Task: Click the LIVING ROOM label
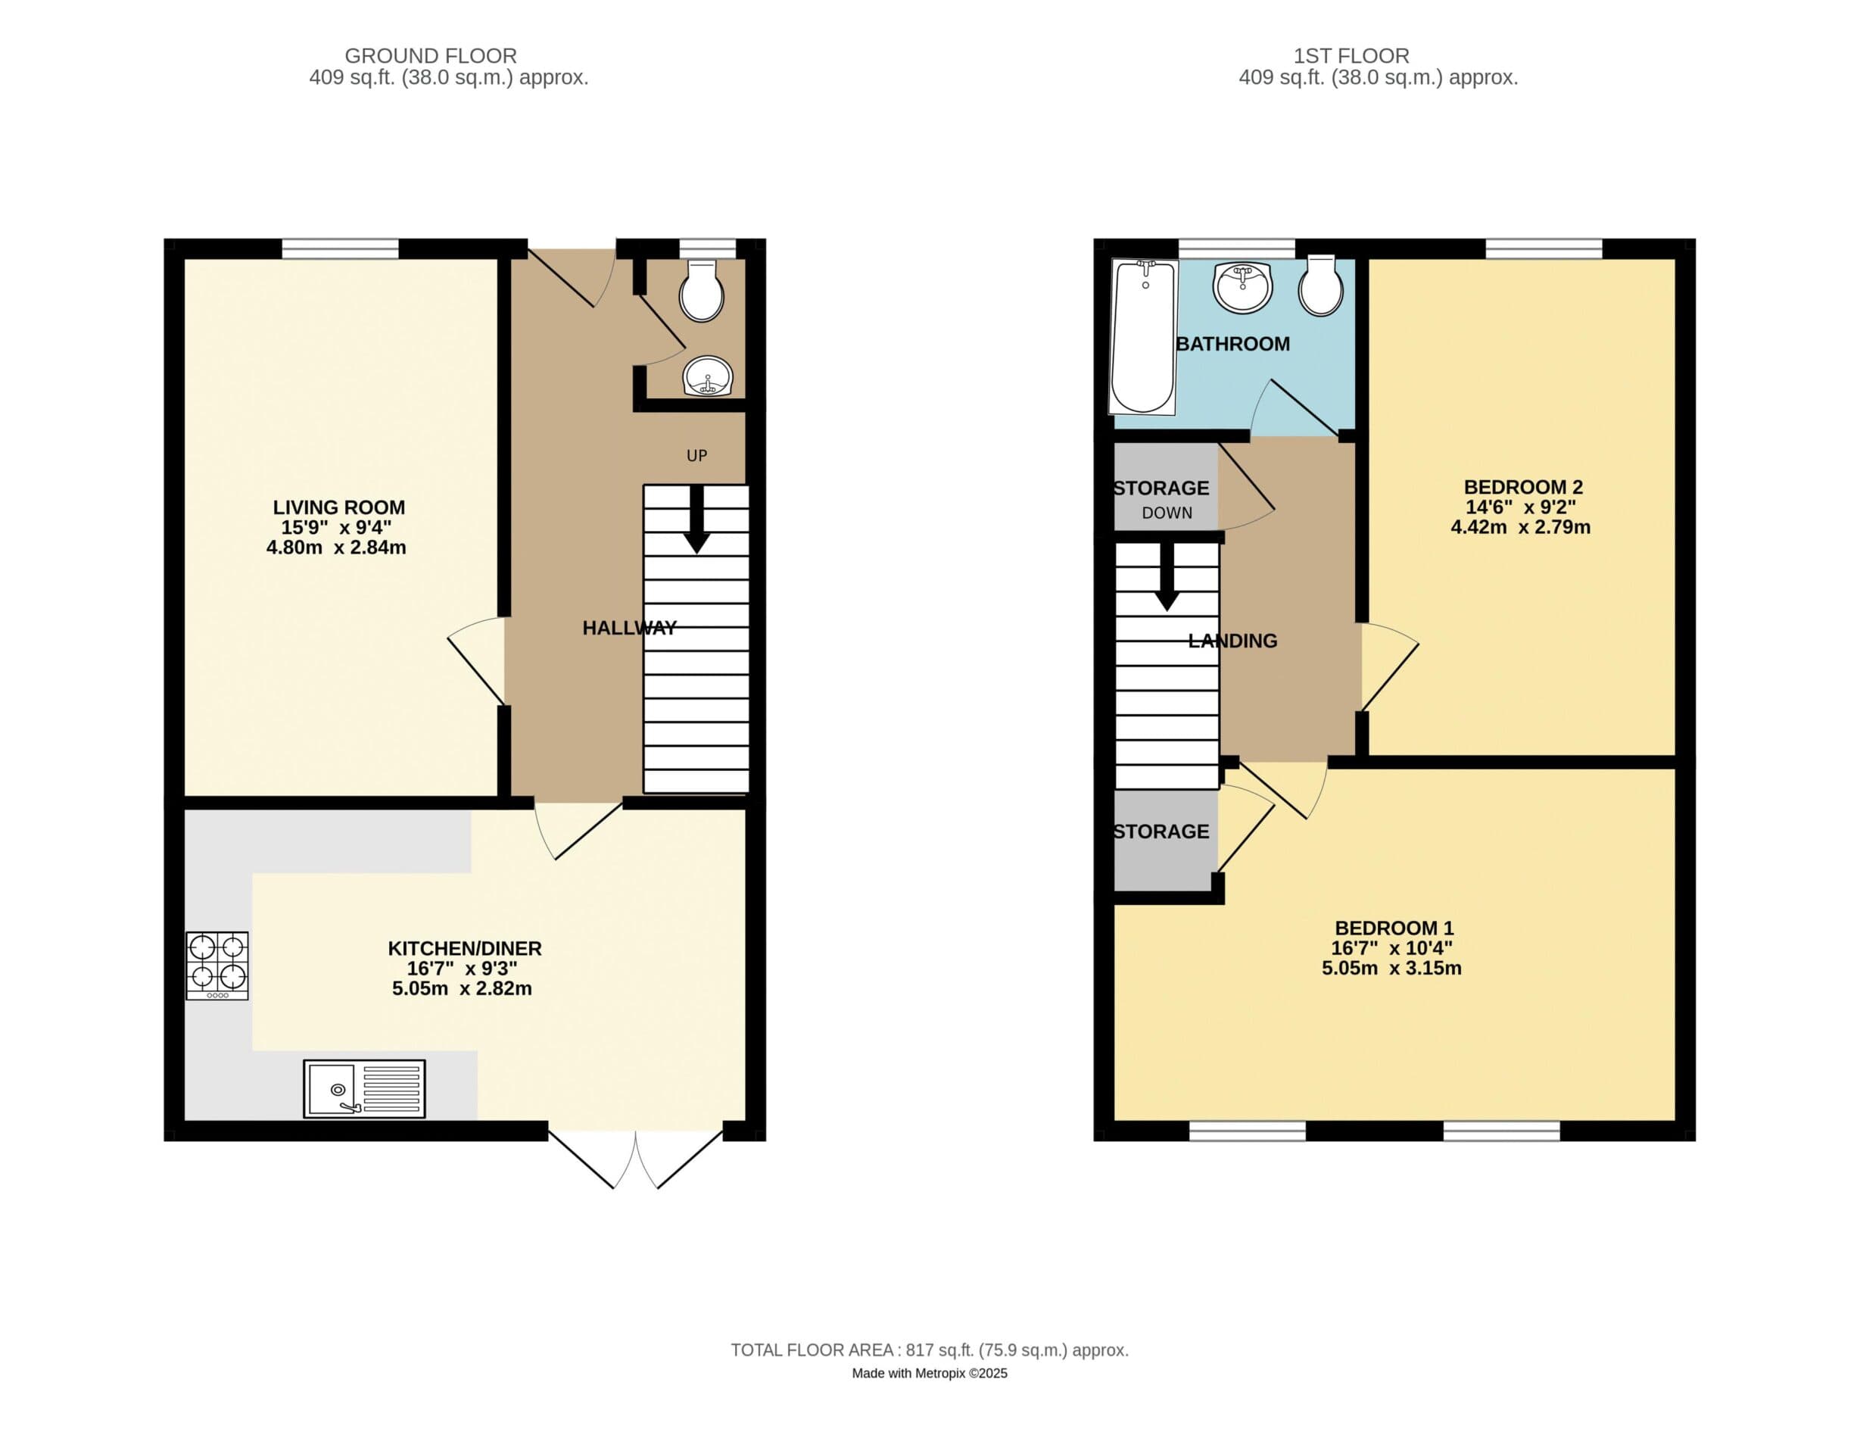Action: coord(339,507)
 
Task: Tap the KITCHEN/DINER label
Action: coord(465,948)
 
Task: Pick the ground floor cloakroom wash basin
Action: coord(708,376)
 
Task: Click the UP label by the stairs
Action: coord(696,456)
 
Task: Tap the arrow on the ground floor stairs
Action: coord(696,520)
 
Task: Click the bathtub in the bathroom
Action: coord(1144,337)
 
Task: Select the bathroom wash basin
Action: coord(1243,287)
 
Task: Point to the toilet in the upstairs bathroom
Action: coord(1321,285)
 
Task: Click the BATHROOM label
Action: coord(1233,344)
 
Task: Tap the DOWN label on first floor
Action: coord(1167,513)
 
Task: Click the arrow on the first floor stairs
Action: coord(1167,576)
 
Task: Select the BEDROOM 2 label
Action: coord(1523,487)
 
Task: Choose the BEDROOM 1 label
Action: coord(1394,928)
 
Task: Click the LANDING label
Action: coord(1232,641)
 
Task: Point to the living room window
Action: coord(341,248)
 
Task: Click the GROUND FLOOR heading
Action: coord(431,56)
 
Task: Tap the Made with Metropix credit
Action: coord(930,1373)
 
